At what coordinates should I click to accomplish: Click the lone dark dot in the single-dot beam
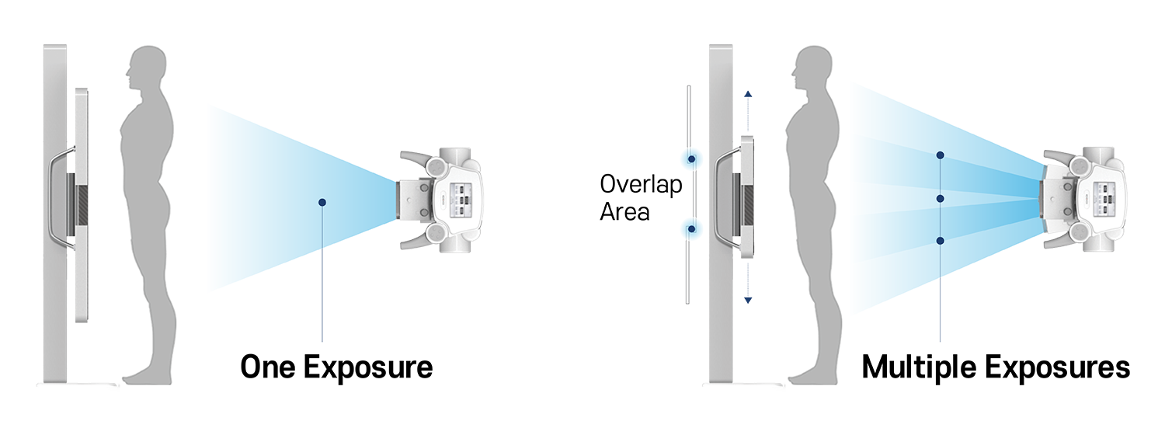322,203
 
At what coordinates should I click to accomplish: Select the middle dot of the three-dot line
941,200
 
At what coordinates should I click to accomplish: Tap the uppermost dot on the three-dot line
941,155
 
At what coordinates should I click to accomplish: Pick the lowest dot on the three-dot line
941,242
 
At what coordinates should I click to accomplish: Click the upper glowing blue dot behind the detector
690,159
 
